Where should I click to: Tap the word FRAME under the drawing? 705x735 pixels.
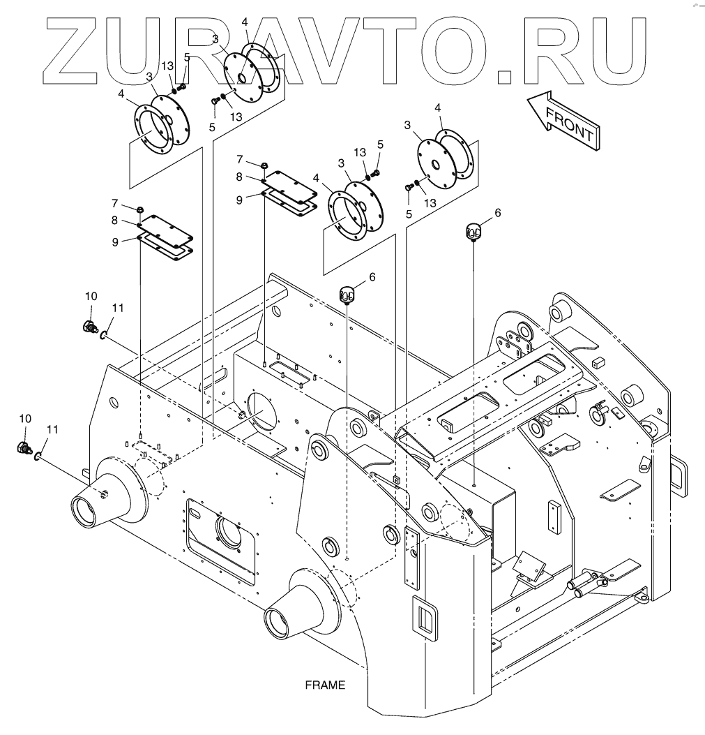[x=325, y=685]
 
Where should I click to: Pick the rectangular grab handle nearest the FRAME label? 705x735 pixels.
[x=422, y=616]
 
